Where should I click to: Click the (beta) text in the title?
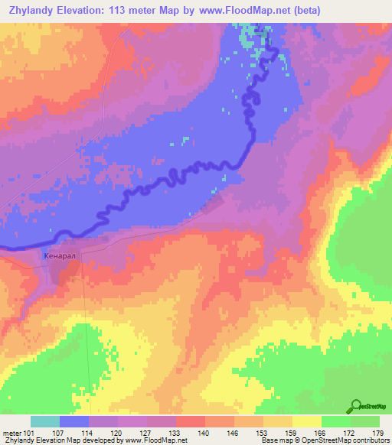[304, 11]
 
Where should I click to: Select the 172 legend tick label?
[351, 433]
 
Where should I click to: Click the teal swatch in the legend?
[45, 421]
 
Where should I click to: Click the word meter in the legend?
[12, 433]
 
